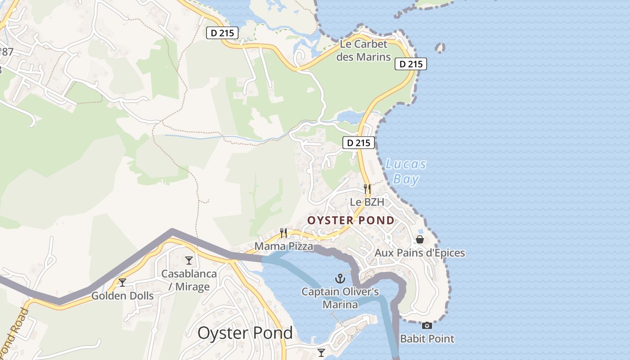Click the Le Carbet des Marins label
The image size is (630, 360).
point(364,50)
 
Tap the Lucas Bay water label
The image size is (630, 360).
point(406,171)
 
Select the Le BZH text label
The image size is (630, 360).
point(367,202)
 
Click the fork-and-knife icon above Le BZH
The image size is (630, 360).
point(367,189)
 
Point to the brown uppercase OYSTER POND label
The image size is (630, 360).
point(351,220)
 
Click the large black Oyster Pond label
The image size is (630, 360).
point(245,333)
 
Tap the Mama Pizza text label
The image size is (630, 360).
point(283,246)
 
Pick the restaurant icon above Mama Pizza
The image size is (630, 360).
point(283,233)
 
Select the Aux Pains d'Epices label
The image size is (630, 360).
point(420,252)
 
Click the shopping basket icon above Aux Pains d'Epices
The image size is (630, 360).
point(420,239)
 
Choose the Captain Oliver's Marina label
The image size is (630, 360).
point(340,298)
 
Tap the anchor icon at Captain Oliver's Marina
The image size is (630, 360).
point(340,279)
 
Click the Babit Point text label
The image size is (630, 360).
point(427,338)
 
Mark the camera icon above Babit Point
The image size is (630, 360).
point(427,325)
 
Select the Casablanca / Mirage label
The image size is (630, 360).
point(189,280)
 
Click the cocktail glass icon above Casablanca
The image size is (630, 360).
point(189,261)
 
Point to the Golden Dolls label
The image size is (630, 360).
point(122,296)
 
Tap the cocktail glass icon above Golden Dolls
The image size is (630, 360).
point(122,283)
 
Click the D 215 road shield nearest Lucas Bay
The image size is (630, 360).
point(359,143)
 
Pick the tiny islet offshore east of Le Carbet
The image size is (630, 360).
point(440,47)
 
